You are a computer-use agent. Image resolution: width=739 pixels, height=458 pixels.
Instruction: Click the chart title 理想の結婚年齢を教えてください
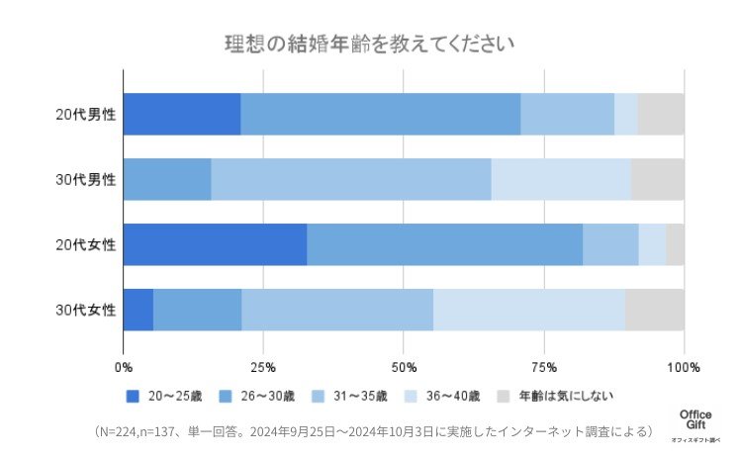pyautogui.click(x=369, y=46)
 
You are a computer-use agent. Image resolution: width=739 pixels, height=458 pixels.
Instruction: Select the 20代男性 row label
pyautogui.click(x=85, y=115)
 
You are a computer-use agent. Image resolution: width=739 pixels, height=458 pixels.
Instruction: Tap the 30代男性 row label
pyautogui.click(x=85, y=180)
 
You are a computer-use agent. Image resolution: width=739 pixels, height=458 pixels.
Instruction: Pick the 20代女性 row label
pyautogui.click(x=85, y=245)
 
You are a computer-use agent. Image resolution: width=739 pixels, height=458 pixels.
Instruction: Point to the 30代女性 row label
pyautogui.click(x=85, y=311)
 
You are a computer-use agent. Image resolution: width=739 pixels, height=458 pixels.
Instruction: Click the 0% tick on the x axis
pyautogui.click(x=124, y=367)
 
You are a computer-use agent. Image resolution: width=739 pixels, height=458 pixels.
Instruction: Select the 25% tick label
pyautogui.click(x=263, y=367)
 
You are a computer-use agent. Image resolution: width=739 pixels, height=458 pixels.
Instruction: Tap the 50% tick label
pyautogui.click(x=404, y=367)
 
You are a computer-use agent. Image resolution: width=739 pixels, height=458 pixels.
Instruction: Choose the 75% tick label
pyautogui.click(x=543, y=367)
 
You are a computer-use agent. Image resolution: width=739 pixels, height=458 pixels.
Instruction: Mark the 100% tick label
pyautogui.click(x=683, y=367)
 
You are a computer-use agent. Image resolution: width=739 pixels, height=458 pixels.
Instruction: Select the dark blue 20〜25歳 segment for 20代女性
pyautogui.click(x=215, y=245)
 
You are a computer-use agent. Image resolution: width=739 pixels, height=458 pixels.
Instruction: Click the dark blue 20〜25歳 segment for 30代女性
pyautogui.click(x=139, y=311)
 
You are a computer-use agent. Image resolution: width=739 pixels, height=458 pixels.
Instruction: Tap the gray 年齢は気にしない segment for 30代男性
pyautogui.click(x=658, y=180)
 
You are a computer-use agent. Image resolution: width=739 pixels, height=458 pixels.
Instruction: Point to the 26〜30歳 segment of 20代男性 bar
pyautogui.click(x=380, y=115)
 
